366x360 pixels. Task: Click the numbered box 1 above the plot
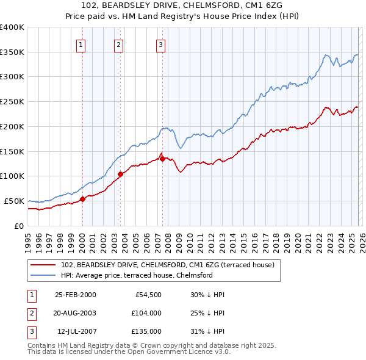click(82, 44)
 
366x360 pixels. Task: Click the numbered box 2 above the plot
click(118, 44)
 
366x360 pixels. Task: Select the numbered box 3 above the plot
click(160, 44)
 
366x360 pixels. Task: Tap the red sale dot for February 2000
click(82, 199)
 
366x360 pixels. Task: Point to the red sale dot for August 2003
click(120, 174)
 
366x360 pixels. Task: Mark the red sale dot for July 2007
click(162, 159)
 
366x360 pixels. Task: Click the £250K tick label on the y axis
click(12, 102)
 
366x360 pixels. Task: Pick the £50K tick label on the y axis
click(14, 201)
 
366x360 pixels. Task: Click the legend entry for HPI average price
click(136, 275)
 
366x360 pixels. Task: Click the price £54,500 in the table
click(147, 295)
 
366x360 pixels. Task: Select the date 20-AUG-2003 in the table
click(75, 313)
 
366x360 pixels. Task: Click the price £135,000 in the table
click(146, 331)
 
